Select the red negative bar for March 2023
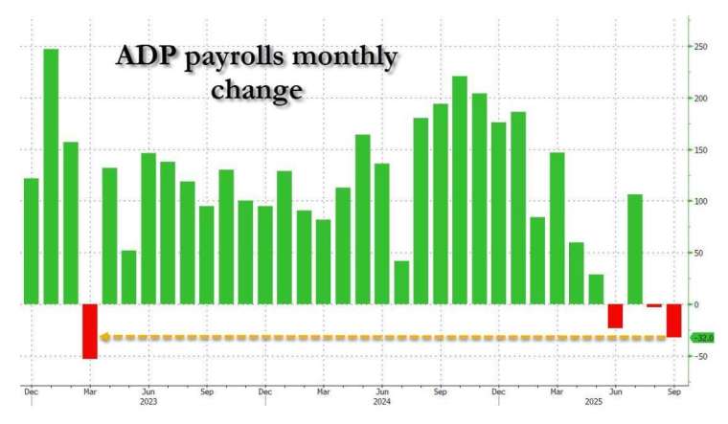coord(90,331)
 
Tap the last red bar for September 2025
coord(673,321)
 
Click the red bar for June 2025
coord(615,316)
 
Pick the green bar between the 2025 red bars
coord(635,249)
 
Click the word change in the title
coord(258,92)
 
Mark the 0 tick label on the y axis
coord(696,304)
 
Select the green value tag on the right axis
coord(703,338)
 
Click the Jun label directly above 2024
coord(381,392)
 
